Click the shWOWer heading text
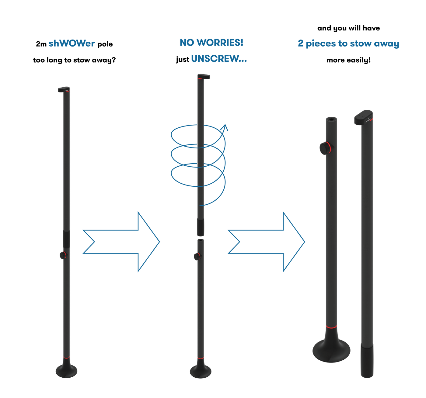(x=72, y=43)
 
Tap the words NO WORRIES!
(x=211, y=43)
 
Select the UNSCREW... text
(x=219, y=58)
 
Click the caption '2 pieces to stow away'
(x=348, y=43)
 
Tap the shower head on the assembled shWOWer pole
(x=64, y=89)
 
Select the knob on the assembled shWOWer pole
(x=63, y=255)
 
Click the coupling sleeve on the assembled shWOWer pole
(x=67, y=239)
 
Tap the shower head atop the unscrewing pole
(x=204, y=76)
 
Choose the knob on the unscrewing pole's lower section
(x=197, y=256)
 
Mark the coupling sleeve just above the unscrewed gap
(x=200, y=227)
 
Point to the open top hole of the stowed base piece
(x=331, y=119)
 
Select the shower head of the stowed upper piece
(x=364, y=117)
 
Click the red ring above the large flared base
(x=331, y=327)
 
